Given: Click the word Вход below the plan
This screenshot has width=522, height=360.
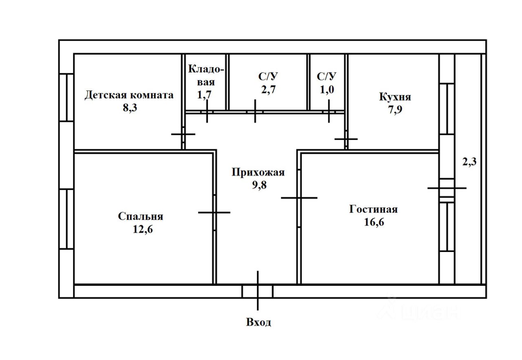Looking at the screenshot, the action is pos(259,322).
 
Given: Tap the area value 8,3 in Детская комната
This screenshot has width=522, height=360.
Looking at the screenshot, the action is pos(130,108).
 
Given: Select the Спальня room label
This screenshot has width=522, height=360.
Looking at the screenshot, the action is pos(141,216).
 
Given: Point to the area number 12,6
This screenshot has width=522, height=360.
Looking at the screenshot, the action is pos(143,229).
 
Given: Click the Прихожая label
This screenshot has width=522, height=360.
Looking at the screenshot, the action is pos(258,172).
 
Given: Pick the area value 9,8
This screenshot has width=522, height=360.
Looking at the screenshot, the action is pos(259,185).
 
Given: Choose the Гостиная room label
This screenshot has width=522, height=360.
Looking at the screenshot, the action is pos(373,209).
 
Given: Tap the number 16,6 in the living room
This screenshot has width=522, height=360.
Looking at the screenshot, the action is pos(374,222).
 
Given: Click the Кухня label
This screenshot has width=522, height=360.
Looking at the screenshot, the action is pos(395,97).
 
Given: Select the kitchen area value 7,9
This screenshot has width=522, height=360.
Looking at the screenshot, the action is pos(395,110).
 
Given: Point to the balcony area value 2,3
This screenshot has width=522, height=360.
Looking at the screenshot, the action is pos(469,162).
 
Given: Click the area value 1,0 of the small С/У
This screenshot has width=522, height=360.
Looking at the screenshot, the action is pos(327,89).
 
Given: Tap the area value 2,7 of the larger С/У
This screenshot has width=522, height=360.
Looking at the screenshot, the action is pos(268,89).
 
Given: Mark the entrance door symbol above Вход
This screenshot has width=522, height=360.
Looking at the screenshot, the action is pos(258,291).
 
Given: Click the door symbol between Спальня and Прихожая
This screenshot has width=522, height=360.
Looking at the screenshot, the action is pos(215,212).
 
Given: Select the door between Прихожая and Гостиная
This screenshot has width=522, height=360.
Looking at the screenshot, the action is pos(299,198).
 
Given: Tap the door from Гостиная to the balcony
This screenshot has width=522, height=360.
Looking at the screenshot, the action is pos(447,188).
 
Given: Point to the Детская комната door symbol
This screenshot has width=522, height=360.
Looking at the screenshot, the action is pos(183,134).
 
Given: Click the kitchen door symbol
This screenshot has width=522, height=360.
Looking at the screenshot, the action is pos(346,139).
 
